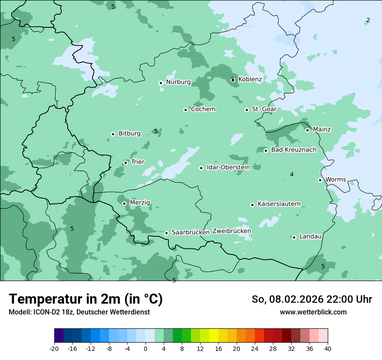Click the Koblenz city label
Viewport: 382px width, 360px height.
[x=250, y=79]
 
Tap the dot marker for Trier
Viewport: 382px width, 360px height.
[x=125, y=163]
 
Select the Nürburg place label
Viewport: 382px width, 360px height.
[x=178, y=82]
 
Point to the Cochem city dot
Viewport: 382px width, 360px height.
[x=185, y=110]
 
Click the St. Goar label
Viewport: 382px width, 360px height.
[x=264, y=109]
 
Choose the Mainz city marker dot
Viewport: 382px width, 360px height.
[x=307, y=130]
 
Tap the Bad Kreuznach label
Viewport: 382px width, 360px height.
[x=293, y=150]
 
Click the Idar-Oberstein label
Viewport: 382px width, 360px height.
[x=228, y=167]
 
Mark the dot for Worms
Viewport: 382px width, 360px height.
[x=320, y=180]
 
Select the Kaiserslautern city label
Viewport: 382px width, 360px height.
[x=279, y=204]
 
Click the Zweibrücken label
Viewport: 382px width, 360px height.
[x=231, y=231]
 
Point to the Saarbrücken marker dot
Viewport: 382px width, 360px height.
[x=166, y=233]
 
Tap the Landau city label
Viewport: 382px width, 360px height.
[x=310, y=236]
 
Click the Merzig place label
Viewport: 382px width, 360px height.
[x=140, y=203]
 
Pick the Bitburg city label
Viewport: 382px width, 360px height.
[x=129, y=134]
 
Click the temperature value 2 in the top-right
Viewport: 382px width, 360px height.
[x=368, y=20]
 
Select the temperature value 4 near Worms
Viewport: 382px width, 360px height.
[x=292, y=174]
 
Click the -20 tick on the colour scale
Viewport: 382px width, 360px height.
[x=54, y=348]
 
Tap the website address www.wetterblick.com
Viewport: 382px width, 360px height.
[x=313, y=312]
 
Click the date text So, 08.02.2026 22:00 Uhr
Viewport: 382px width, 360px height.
[x=312, y=299]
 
